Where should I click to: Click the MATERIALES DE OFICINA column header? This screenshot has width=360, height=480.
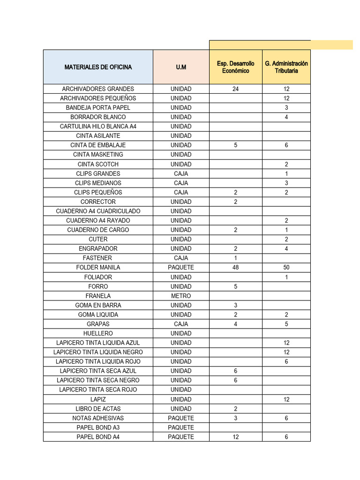pyautogui.click(x=98, y=67)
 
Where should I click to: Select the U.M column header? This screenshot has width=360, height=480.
pyautogui.click(x=181, y=67)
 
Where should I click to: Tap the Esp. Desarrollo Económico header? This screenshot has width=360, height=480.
pyautogui.click(x=235, y=67)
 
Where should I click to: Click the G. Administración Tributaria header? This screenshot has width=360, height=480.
pyautogui.click(x=286, y=67)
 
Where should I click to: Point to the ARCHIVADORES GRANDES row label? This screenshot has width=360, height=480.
pyautogui.click(x=98, y=89)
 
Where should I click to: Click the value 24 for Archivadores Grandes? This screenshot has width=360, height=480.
pyautogui.click(x=235, y=89)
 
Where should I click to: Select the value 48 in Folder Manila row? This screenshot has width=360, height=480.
pyautogui.click(x=235, y=267)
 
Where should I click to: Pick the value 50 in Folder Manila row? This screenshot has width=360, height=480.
pyautogui.click(x=286, y=267)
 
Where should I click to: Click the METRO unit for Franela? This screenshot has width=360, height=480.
pyautogui.click(x=181, y=296)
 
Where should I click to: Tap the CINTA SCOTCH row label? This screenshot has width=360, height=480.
pyautogui.click(x=98, y=164)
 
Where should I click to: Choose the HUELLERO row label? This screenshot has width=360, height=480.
pyautogui.click(x=98, y=333)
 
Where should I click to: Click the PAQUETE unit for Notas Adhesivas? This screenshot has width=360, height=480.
pyautogui.click(x=181, y=418)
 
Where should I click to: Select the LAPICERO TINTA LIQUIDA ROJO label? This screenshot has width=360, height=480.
pyautogui.click(x=98, y=361)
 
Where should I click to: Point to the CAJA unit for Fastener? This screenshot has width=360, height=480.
pyautogui.click(x=181, y=258)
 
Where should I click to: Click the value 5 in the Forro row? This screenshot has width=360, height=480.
pyautogui.click(x=235, y=286)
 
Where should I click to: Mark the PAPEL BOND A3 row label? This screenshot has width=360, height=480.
pyautogui.click(x=98, y=427)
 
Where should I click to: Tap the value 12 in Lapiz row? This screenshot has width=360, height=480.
pyautogui.click(x=286, y=399)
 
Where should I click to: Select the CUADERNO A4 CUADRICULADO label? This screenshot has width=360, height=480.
pyautogui.click(x=98, y=211)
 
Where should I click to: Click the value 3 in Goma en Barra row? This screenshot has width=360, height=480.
pyautogui.click(x=235, y=305)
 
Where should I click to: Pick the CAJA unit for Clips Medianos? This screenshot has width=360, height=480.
pyautogui.click(x=181, y=183)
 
